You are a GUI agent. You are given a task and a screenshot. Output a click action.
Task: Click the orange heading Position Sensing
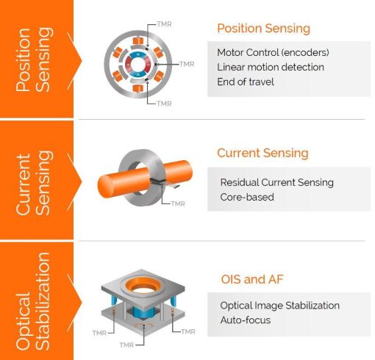pos(263,29)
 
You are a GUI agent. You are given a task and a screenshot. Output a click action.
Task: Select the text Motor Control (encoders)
pos(273,52)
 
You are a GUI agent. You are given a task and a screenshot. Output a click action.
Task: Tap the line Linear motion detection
pos(271,67)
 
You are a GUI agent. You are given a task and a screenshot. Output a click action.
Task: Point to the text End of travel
pos(246,82)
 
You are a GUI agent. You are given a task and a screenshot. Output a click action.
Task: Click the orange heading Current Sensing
pos(262,153)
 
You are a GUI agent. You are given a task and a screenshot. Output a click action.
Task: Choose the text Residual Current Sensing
pos(276,182)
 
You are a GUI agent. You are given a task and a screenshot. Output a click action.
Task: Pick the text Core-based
pos(247,197)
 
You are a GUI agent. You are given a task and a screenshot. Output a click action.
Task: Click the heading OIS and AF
pos(252,279)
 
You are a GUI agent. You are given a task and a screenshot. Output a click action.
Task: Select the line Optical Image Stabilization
pos(279,306)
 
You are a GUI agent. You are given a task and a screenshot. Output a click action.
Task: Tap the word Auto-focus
pos(246,320)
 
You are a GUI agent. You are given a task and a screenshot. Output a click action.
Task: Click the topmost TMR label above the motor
pos(164,24)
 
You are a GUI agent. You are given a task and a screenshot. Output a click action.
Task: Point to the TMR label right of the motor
pos(187,64)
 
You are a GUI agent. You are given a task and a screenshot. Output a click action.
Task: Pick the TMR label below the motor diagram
pos(164,104)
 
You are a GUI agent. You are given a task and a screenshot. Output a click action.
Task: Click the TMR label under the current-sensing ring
pos(178,204)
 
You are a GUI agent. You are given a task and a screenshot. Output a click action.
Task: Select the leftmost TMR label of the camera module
pos(99,333)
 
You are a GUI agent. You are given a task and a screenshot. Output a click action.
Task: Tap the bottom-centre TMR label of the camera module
pos(126,345)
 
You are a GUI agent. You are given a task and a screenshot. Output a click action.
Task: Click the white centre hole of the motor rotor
pos(137,64)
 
